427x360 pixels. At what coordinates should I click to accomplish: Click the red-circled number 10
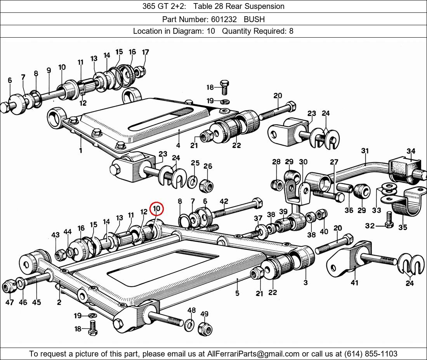156,209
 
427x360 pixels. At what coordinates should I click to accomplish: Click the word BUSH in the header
254,19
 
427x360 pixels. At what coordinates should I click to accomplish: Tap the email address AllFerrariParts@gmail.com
253,354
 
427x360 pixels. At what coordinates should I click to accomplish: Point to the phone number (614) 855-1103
371,354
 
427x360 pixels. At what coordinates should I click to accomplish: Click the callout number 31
365,151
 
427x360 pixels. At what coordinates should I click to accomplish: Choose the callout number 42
224,201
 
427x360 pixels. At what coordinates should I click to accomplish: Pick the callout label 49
204,314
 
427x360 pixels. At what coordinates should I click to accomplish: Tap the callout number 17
146,52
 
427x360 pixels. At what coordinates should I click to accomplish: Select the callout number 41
354,283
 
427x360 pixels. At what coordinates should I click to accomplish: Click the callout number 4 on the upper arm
178,145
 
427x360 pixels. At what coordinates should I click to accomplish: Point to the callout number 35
403,227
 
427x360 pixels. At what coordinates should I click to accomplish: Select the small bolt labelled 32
389,220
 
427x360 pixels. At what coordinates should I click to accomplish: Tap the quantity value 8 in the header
291,31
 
